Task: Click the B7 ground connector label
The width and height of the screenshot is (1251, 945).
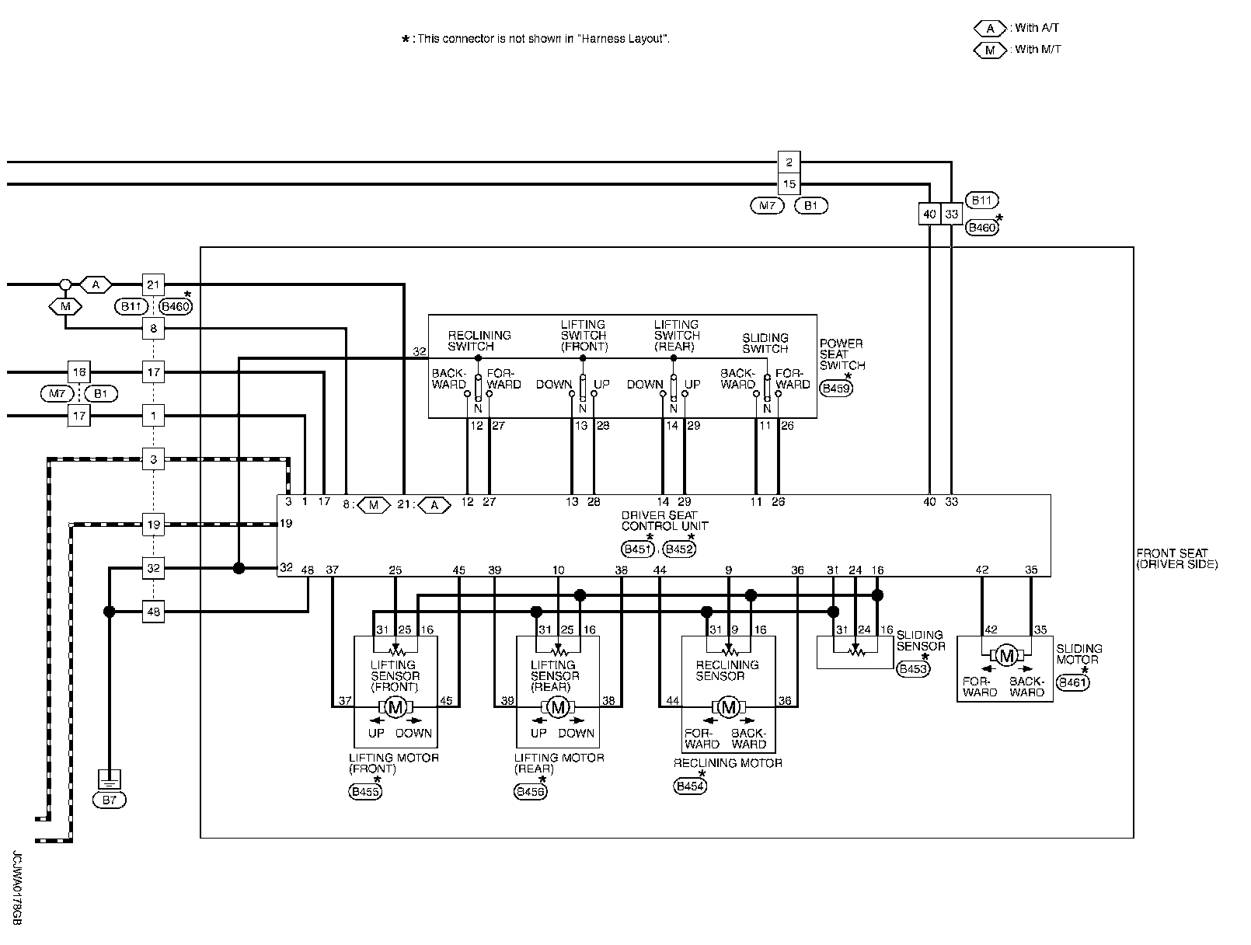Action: pyautogui.click(x=109, y=800)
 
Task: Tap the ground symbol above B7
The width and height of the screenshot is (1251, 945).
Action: pyautogui.click(x=109, y=779)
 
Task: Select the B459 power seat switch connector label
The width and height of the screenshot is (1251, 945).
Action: pyautogui.click(x=836, y=389)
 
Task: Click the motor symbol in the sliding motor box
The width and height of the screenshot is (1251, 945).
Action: pyautogui.click(x=1006, y=656)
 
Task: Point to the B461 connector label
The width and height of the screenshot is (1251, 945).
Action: pyautogui.click(x=1072, y=682)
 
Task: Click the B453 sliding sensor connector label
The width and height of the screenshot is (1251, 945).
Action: pyautogui.click(x=913, y=668)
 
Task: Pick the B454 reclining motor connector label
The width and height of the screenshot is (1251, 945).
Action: pyautogui.click(x=690, y=786)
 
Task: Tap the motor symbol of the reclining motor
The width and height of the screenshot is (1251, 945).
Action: pyautogui.click(x=728, y=708)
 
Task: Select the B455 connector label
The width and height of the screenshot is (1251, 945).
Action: pyautogui.click(x=365, y=792)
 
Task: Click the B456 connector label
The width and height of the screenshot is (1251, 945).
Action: pyautogui.click(x=530, y=792)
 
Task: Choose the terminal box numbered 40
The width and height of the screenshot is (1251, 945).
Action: pyautogui.click(x=929, y=214)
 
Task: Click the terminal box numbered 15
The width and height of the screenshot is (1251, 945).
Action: pyautogui.click(x=789, y=184)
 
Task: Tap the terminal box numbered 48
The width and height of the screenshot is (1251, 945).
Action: pyautogui.click(x=153, y=612)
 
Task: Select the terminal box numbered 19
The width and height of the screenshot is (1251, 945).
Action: pyautogui.click(x=153, y=525)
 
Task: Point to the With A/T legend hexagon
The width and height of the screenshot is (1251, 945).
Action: pyautogui.click(x=990, y=28)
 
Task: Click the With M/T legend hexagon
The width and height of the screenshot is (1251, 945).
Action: pyautogui.click(x=990, y=51)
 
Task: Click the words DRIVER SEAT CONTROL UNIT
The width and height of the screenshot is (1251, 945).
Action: pyautogui.click(x=664, y=521)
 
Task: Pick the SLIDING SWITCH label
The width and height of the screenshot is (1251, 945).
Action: pyautogui.click(x=765, y=343)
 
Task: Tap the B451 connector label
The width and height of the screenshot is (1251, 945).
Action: pyautogui.click(x=637, y=549)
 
